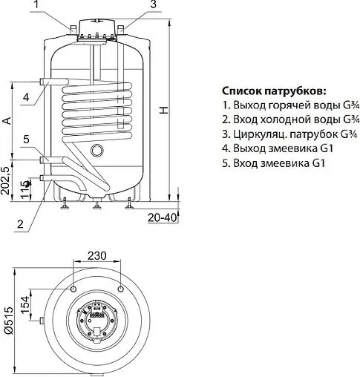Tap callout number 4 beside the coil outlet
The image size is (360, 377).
(25, 97)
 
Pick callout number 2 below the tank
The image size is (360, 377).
(21, 223)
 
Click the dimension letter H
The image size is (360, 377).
(164, 109)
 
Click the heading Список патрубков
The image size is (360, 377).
(273, 91)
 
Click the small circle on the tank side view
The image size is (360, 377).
(96, 151)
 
